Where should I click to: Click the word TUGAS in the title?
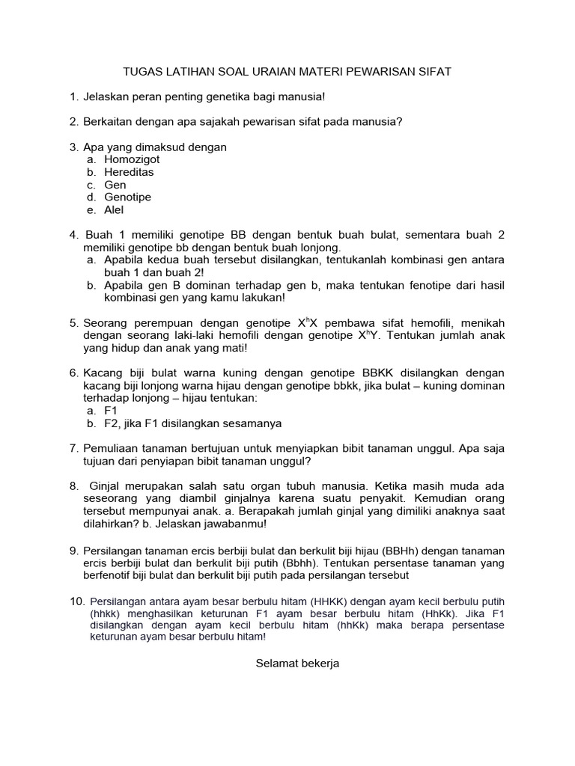(140, 72)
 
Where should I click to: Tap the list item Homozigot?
(132, 159)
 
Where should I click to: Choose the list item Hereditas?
(129, 172)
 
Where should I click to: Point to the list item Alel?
(114, 210)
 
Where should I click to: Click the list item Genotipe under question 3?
(127, 197)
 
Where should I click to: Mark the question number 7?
(73, 448)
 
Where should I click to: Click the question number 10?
(76, 601)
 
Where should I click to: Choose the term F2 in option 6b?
(112, 423)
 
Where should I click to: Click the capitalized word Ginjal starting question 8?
(106, 486)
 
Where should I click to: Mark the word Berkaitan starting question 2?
(108, 122)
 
